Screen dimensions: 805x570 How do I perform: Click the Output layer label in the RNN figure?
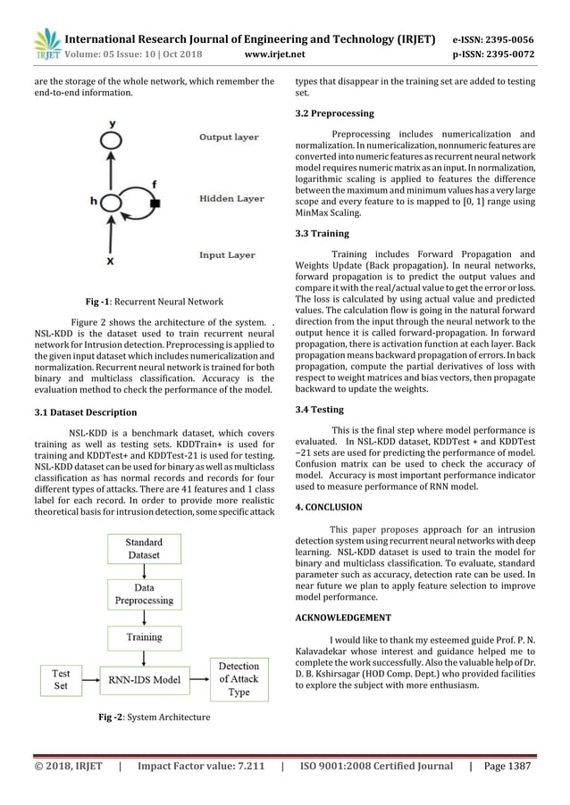[229, 137]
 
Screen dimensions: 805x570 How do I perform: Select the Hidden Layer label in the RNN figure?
[231, 198]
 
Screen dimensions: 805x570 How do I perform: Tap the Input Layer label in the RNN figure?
[227, 255]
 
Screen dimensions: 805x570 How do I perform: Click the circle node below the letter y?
[110, 140]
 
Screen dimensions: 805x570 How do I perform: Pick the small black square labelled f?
[155, 204]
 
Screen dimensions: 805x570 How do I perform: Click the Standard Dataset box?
[144, 548]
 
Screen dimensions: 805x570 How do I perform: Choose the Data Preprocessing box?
[144, 594]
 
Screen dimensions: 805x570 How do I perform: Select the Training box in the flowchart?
[144, 637]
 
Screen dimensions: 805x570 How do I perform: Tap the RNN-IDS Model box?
[144, 680]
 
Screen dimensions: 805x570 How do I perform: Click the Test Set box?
[62, 680]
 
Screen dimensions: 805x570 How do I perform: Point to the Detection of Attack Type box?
[239, 680]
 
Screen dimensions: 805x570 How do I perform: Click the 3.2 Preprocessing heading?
[334, 114]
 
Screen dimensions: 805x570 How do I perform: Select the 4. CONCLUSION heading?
[329, 507]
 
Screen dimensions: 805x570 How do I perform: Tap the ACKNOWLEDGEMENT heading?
[343, 618]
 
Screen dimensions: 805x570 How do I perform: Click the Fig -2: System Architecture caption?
[154, 717]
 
